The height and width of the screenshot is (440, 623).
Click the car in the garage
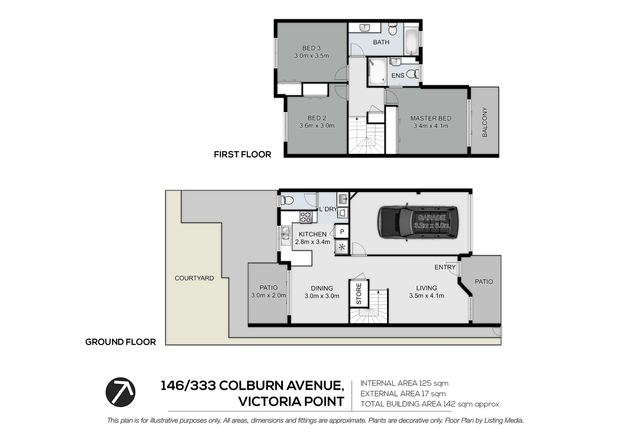point(418,222)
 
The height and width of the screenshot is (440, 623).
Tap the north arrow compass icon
point(121,392)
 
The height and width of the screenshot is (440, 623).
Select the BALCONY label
point(485,122)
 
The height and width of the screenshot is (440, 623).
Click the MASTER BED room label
point(431,118)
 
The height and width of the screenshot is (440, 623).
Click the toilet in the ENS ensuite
point(413,74)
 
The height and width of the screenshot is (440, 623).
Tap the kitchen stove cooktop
point(306,217)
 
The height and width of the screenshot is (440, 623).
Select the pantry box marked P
point(342,231)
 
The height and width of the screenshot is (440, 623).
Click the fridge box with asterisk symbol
point(342,247)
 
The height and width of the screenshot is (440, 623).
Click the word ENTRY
point(445,267)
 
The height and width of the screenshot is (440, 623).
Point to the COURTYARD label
point(194,278)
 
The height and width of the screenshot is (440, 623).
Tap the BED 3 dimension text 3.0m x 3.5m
point(311,56)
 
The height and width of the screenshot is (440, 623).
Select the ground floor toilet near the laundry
point(287,200)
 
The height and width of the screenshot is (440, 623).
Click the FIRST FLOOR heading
point(242,154)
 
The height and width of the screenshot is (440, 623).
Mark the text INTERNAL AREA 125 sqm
point(404,383)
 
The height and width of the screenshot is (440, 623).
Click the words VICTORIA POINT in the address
point(291,402)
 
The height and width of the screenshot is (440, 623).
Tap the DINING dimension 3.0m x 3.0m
point(322,296)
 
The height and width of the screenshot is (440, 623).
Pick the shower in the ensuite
point(377,72)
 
